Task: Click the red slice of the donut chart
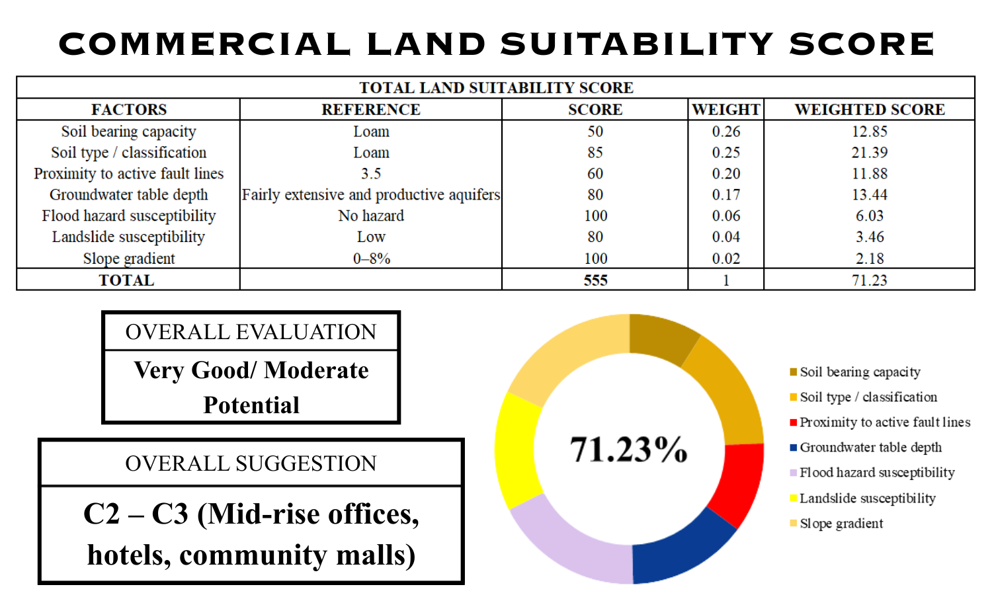[x=739, y=483]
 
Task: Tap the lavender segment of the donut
[x=569, y=542]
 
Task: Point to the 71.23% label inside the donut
[x=628, y=450]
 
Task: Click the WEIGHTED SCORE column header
[x=869, y=110]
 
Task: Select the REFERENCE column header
[x=371, y=110]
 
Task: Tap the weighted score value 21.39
[x=869, y=153]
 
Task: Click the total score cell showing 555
[x=595, y=280]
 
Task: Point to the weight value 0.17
[x=725, y=195]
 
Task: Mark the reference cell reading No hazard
[x=371, y=216]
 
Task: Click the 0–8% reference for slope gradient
[x=371, y=258]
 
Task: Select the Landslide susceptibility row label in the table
[x=128, y=237]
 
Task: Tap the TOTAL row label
[x=126, y=280]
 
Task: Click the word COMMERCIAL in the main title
[x=205, y=44]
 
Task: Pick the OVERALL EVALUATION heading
[x=251, y=332]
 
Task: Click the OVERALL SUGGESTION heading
[x=251, y=463]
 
